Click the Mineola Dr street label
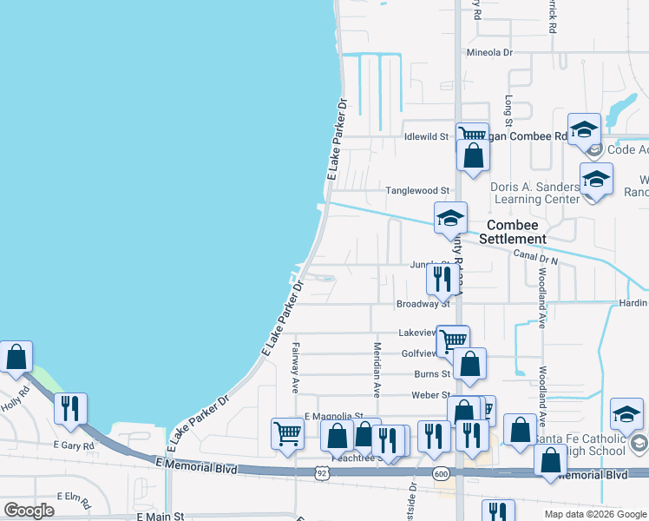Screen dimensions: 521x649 489,52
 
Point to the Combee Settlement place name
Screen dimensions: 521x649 504,231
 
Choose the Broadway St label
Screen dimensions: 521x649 423,304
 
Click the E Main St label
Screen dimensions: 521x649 161,517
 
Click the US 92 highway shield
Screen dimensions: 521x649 322,473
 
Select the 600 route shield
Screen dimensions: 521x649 442,473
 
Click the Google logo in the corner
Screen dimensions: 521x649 29,511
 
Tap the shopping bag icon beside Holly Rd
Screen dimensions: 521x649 16,357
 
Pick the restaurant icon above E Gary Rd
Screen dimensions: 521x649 70,407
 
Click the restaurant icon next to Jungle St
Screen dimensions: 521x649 442,278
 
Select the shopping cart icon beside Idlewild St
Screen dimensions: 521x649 472,135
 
